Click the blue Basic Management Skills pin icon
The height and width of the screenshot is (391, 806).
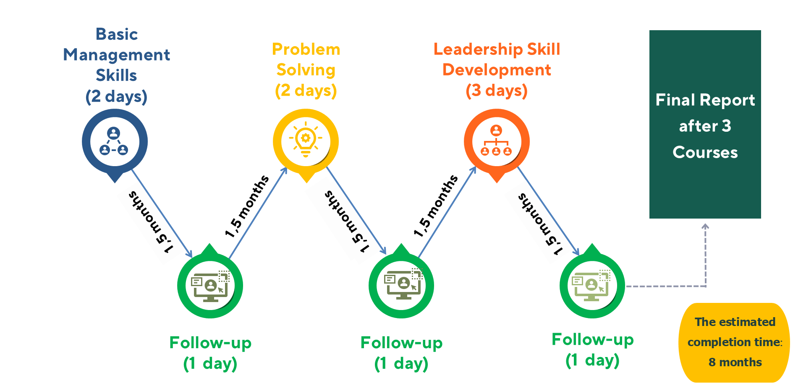pos(115,142)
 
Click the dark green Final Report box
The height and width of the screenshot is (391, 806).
pos(705,124)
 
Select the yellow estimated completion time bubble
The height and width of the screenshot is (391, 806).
pos(734,342)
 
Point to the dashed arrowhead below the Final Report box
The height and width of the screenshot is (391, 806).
pos(706,227)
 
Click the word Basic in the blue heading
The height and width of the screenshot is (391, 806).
pos(117,34)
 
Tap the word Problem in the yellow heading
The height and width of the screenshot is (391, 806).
pos(306,49)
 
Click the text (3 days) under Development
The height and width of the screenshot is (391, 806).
pos(497,91)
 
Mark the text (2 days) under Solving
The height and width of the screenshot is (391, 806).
pos(306,91)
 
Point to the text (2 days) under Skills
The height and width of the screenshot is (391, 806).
pos(117,96)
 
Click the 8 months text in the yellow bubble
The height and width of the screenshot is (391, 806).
pos(735,362)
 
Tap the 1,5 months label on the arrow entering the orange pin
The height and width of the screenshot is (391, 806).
pos(436,206)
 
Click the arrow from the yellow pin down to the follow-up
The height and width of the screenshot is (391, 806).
pos(356,210)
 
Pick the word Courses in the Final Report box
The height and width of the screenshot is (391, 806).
pos(705,152)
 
